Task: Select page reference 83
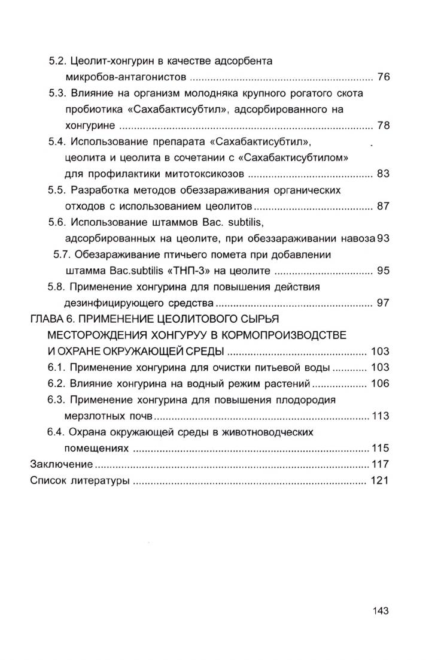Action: [x=384, y=174]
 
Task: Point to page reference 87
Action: [x=384, y=206]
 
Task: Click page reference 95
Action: [x=384, y=270]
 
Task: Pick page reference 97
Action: [x=384, y=302]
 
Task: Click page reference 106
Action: [x=380, y=383]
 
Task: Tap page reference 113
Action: [x=381, y=416]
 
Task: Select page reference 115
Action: [x=381, y=447]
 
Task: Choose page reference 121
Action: [x=380, y=480]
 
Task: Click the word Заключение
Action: [x=61, y=464]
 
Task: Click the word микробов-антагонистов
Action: [x=126, y=77]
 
